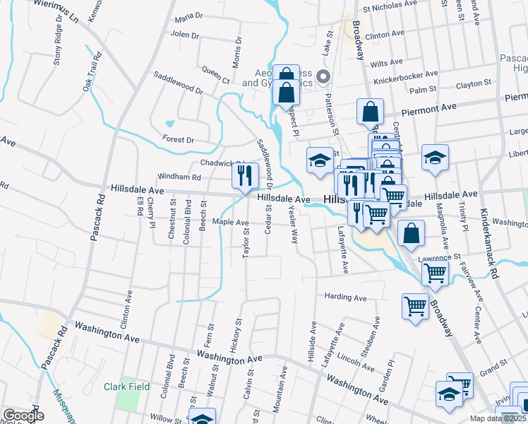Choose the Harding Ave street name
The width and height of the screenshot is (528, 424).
(345, 298)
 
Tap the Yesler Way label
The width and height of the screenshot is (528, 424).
(292, 226)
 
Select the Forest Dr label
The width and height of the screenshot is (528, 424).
(179, 140)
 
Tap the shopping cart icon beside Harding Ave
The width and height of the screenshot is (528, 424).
(415, 306)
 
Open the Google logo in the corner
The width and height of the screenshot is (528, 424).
(23, 416)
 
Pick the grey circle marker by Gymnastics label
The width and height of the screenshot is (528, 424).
(324, 76)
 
